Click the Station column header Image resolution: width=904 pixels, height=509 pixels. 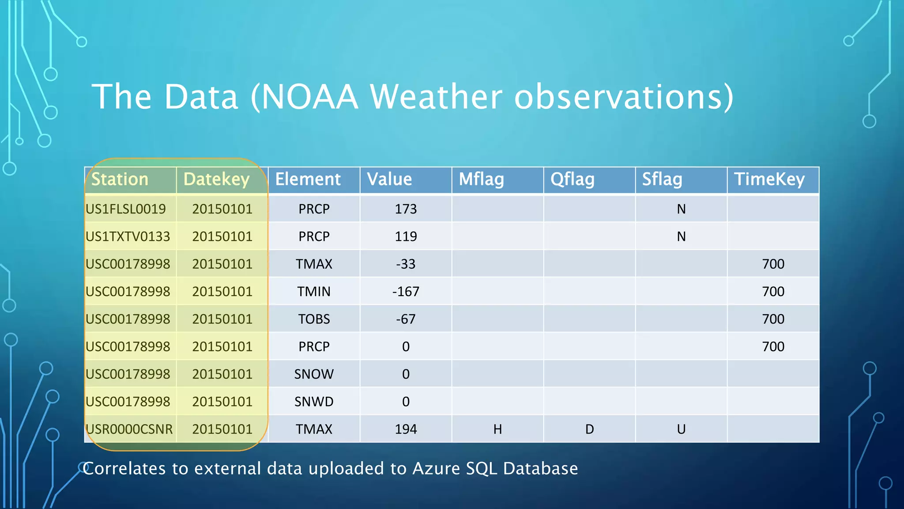click(x=120, y=179)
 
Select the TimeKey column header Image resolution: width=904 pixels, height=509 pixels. click(x=769, y=179)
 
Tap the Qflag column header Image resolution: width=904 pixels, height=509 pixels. click(x=572, y=179)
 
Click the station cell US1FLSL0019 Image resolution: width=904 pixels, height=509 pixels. click(x=126, y=209)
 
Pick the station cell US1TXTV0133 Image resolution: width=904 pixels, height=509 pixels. click(x=128, y=236)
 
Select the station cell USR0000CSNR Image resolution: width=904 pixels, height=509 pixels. click(x=129, y=429)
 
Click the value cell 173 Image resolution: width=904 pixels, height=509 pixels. click(x=406, y=209)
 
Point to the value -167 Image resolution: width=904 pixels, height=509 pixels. click(x=406, y=292)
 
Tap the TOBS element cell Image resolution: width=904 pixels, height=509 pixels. click(x=314, y=319)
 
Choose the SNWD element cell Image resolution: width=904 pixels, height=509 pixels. click(x=314, y=402)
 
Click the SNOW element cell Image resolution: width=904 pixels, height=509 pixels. click(x=314, y=374)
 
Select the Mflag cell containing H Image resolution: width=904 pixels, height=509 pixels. click(x=497, y=429)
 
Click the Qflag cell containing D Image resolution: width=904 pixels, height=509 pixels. click(x=589, y=429)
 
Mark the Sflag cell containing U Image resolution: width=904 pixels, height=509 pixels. click(x=681, y=429)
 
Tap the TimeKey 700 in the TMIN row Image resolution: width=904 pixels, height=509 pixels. click(x=773, y=292)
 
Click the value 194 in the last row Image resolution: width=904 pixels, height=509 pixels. click(x=406, y=429)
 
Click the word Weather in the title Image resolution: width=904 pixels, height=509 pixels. click(x=436, y=97)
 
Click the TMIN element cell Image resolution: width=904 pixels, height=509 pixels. click(x=314, y=292)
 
